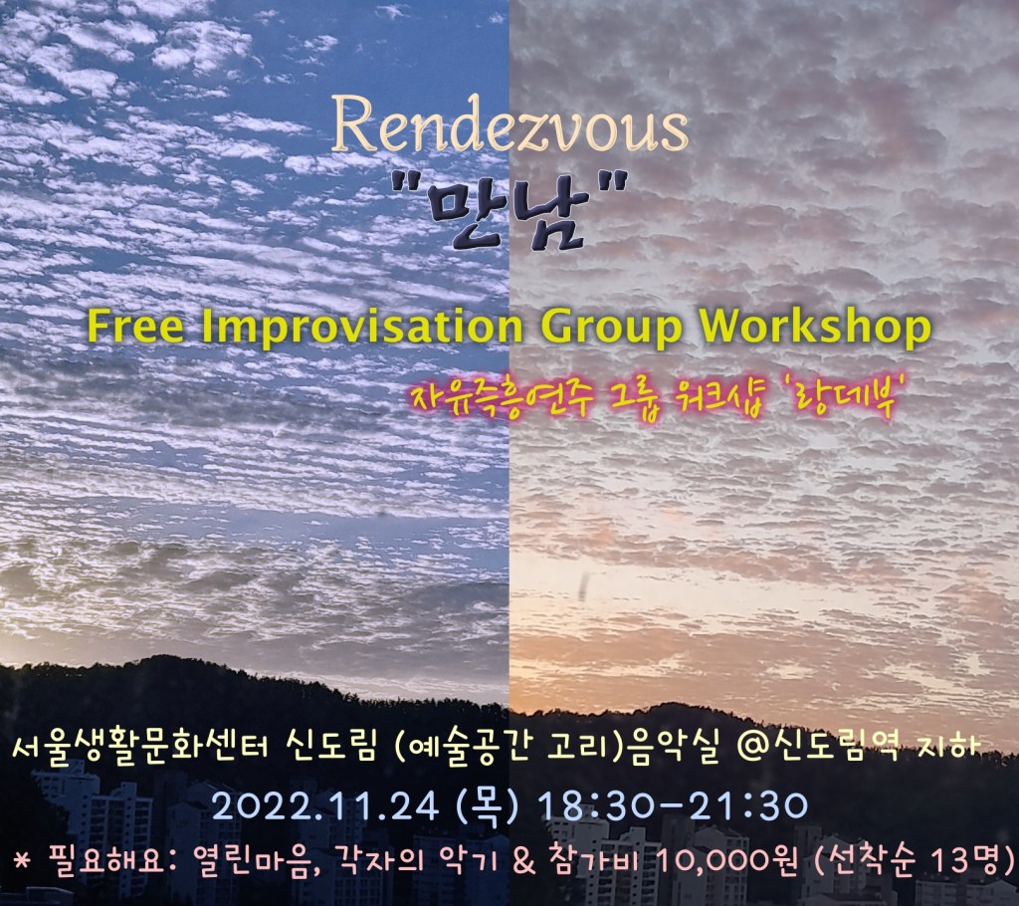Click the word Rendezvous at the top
[x=510, y=124]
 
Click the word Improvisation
[x=362, y=327]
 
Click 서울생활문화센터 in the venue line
[x=140, y=749]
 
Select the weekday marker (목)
[x=489, y=806]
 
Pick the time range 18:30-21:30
[x=674, y=806]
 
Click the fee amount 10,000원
[x=727, y=862]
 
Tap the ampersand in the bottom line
[x=524, y=862]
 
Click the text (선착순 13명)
[x=915, y=862]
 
